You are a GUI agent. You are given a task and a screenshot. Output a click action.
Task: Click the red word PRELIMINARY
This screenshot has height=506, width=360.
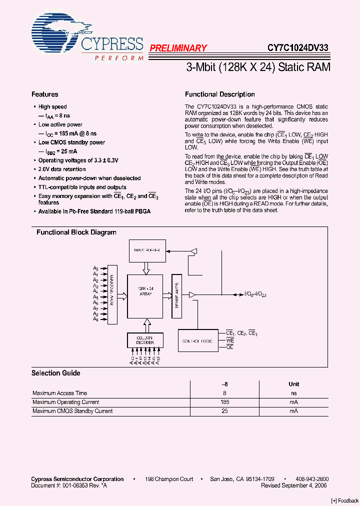178,48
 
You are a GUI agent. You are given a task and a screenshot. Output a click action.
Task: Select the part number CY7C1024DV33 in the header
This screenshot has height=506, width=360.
297,48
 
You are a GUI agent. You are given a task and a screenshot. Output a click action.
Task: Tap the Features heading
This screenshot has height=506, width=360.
44,94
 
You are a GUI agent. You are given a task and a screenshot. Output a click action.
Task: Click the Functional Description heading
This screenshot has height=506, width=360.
220,94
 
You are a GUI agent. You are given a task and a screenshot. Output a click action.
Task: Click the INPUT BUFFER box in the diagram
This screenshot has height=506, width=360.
146,250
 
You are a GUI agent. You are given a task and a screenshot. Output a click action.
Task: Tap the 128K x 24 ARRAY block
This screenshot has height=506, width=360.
145,295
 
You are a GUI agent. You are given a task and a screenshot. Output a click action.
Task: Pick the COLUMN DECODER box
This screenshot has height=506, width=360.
145,340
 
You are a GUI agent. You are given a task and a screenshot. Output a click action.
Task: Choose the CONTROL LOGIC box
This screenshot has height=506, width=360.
198,340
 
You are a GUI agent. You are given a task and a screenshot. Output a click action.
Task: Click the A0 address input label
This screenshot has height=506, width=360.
95,269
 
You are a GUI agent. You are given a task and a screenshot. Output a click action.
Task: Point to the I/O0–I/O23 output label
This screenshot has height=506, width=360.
255,294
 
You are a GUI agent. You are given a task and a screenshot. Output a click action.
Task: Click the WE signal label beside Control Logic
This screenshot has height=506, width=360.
230,340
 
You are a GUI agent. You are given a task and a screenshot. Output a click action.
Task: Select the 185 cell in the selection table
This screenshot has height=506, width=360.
224,402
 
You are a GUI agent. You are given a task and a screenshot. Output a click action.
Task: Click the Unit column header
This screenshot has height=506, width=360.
293,384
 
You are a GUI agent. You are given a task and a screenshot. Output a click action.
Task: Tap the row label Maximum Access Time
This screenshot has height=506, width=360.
59,393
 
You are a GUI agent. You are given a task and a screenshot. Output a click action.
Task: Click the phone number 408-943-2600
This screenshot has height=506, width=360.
312,479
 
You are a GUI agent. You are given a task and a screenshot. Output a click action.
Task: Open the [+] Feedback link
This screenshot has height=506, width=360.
345,500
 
